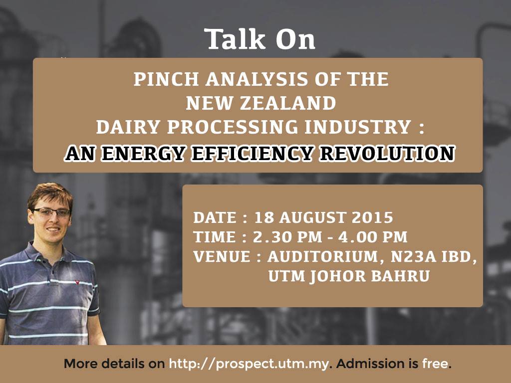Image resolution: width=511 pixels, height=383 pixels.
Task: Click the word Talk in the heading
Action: tap(235, 39)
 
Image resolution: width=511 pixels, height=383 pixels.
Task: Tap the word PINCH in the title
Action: tap(166, 79)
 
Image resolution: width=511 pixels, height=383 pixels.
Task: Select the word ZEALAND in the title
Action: tap(288, 103)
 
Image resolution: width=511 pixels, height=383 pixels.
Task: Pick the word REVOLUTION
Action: tap(387, 154)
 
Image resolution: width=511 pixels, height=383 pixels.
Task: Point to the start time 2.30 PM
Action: tap(287, 237)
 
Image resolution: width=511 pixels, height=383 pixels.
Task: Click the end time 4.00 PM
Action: tap(373, 237)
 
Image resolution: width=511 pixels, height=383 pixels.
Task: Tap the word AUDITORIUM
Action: tap(323, 257)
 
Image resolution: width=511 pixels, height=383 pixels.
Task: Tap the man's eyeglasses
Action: tap(51, 212)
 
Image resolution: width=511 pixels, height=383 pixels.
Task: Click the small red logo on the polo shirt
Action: tap(77, 282)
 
